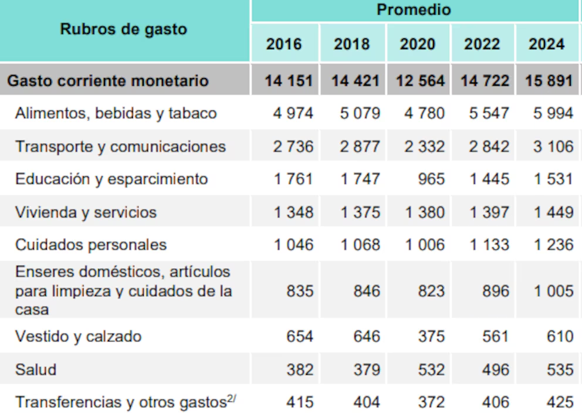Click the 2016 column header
[x=284, y=44]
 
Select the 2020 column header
[x=418, y=44]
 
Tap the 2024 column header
[x=546, y=44]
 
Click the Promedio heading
[x=414, y=10]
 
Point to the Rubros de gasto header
[x=123, y=29]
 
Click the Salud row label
[x=36, y=370]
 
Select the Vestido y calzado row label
[x=78, y=337]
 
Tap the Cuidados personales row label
[x=91, y=245]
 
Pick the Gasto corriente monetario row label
[x=107, y=80]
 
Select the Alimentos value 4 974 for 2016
[x=293, y=113]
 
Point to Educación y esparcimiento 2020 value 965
[x=431, y=179]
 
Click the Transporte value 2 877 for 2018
[x=360, y=146]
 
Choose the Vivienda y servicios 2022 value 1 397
[x=489, y=212]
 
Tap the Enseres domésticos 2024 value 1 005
[x=553, y=291]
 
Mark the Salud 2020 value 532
[x=431, y=370]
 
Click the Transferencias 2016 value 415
[x=300, y=402]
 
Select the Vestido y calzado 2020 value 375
[x=431, y=337]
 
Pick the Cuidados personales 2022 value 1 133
[x=489, y=245]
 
